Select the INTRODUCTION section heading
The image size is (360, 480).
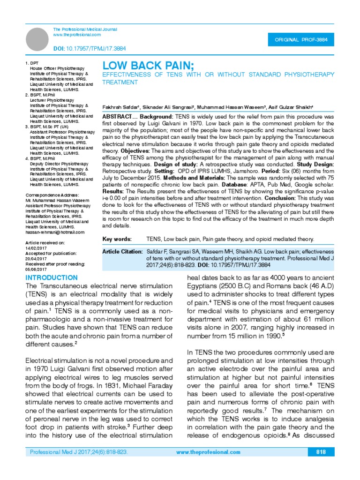tap(52, 278)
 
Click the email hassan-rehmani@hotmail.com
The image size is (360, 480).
tap(54, 232)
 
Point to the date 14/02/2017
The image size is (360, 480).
tap(36, 248)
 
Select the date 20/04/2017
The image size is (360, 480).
tap(36, 259)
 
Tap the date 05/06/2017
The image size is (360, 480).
tap(36, 270)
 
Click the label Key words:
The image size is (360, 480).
tap(117, 239)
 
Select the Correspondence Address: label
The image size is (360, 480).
tap(52, 195)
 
